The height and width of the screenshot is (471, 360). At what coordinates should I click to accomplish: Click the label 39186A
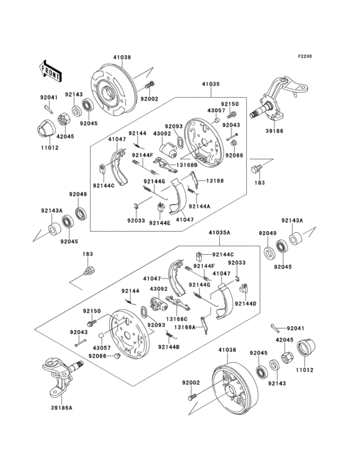click(x=62, y=407)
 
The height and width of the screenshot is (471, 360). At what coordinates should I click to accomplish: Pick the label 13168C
click(x=177, y=319)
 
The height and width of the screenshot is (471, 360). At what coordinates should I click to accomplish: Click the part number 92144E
click(x=159, y=222)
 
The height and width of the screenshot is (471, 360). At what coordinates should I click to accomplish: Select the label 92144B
click(x=170, y=347)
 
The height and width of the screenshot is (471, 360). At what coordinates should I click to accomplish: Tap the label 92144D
click(x=246, y=303)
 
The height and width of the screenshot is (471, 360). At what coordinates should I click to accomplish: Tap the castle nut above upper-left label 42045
click(x=64, y=120)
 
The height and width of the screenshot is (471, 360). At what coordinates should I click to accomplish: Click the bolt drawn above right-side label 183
click(x=258, y=170)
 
